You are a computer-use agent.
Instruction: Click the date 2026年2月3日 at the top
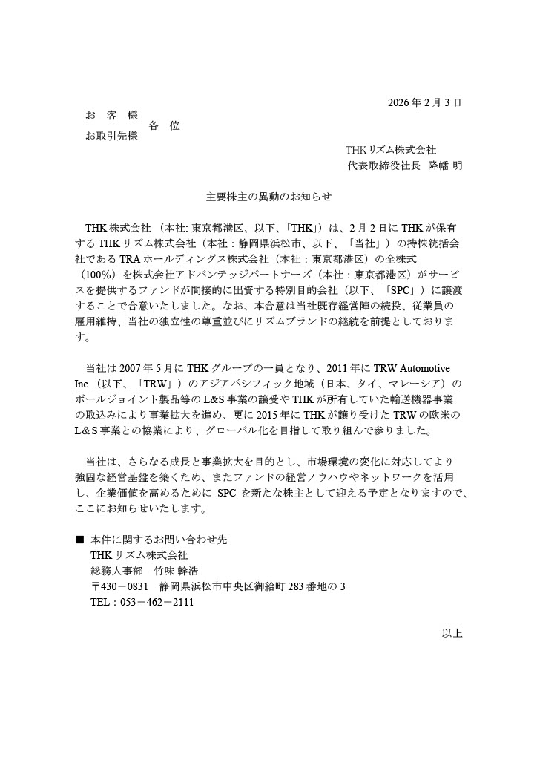click(x=425, y=102)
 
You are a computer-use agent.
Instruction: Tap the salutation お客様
click(x=112, y=116)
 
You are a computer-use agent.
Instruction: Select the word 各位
click(x=164, y=126)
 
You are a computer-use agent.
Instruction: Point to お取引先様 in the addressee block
click(x=112, y=137)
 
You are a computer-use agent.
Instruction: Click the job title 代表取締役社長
click(x=384, y=166)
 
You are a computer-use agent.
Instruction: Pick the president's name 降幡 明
click(x=445, y=166)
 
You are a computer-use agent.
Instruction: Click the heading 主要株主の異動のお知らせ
click(x=268, y=197)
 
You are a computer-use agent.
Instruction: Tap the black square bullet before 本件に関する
click(x=80, y=539)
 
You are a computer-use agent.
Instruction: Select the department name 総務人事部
click(x=116, y=571)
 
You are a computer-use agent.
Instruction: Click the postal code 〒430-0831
click(x=119, y=586)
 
